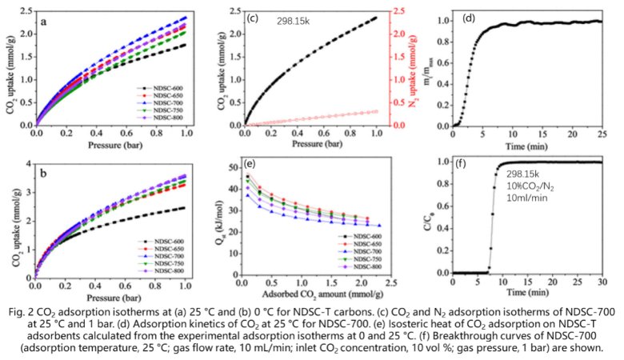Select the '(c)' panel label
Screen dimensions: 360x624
tap(253, 18)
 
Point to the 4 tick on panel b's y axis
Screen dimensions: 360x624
tap(28, 163)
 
